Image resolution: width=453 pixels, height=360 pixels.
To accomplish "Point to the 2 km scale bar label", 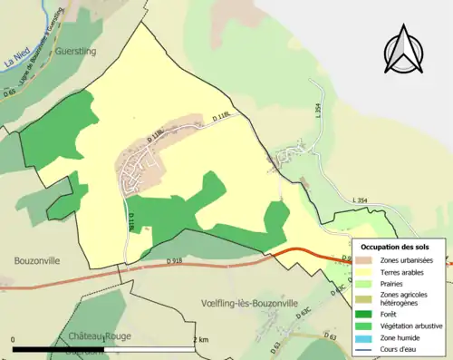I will [x=201, y=339].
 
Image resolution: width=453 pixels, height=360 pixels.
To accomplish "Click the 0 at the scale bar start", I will [x=14, y=339].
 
